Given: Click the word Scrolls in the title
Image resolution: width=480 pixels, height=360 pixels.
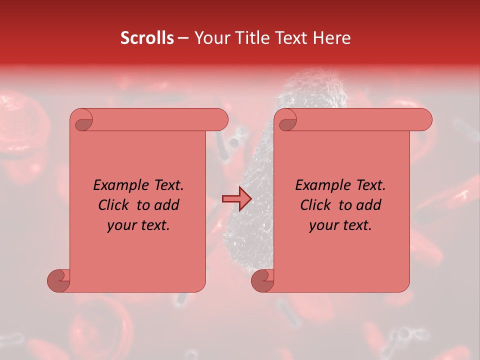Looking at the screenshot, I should (147, 38).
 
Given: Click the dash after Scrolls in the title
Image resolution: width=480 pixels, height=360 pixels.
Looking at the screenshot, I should (183, 38).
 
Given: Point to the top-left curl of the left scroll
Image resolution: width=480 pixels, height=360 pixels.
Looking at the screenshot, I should (83, 121).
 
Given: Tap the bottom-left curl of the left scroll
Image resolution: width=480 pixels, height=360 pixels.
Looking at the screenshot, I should (59, 280).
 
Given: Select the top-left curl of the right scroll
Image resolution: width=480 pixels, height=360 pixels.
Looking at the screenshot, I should (287, 121).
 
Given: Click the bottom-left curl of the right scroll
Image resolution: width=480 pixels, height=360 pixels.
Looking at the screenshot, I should (263, 280).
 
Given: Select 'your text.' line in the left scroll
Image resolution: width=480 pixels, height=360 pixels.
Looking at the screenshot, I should (138, 225).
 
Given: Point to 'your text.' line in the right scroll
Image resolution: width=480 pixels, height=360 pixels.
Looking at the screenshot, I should (340, 225).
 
